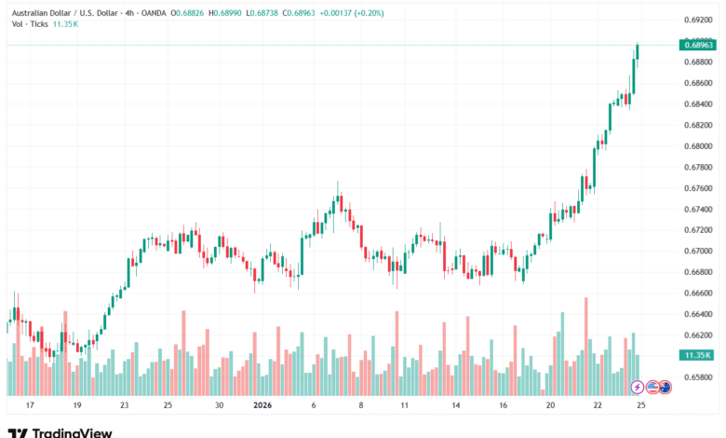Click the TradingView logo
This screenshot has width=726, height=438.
pos(60,431)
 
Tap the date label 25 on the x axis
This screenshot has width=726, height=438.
pos(640,405)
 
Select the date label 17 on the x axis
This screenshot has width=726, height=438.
pos(30,405)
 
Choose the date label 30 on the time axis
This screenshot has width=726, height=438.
pos(219,405)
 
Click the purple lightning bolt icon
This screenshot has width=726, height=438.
pos(638,386)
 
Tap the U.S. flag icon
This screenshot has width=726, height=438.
pos(652,386)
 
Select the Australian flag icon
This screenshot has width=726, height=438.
pos(665,386)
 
